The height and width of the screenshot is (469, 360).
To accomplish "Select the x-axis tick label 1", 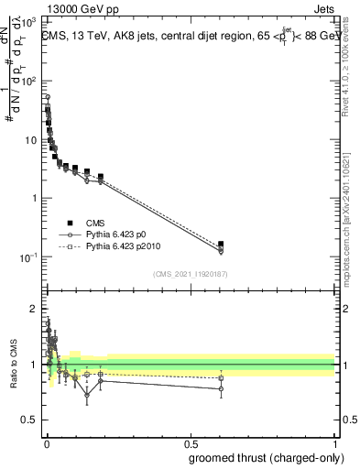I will coord(335,443).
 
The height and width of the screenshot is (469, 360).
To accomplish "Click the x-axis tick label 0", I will coord(46,443).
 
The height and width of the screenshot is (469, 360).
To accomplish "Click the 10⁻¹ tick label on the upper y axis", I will coord(28,256).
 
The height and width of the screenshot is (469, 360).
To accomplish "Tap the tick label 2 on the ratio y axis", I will coord(34,307).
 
